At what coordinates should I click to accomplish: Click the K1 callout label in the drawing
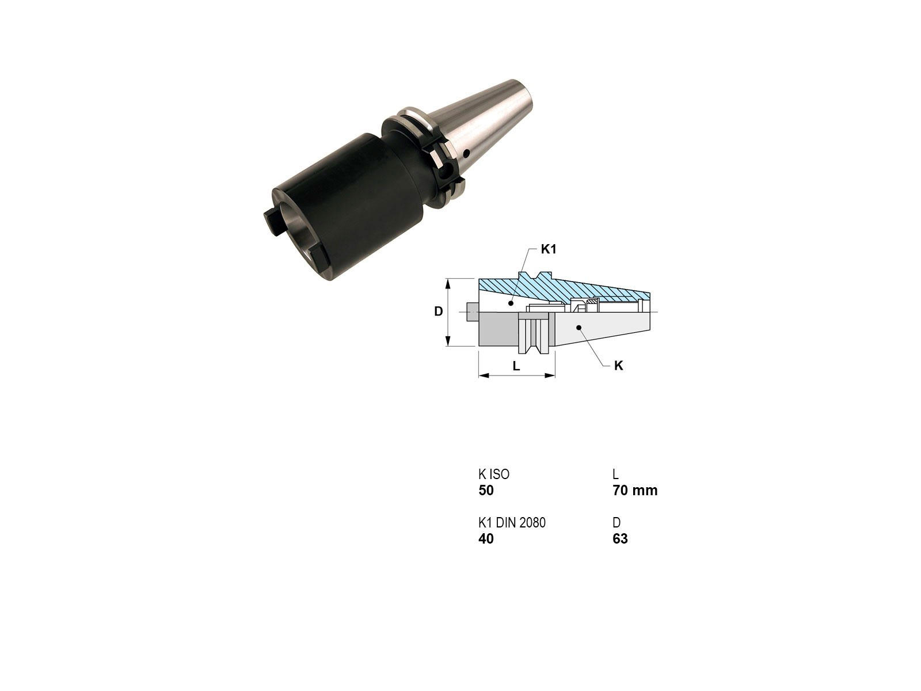click(549, 249)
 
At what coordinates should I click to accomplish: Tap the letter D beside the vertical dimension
click(438, 312)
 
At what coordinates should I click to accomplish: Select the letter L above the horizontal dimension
click(516, 366)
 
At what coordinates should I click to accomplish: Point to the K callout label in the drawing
click(618, 366)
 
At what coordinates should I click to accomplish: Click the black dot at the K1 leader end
click(511, 302)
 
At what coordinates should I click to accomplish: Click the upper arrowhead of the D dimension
click(448, 283)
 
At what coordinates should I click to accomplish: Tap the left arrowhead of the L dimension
click(484, 375)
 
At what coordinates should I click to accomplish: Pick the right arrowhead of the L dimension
click(550, 375)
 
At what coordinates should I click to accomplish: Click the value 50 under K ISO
click(486, 491)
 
